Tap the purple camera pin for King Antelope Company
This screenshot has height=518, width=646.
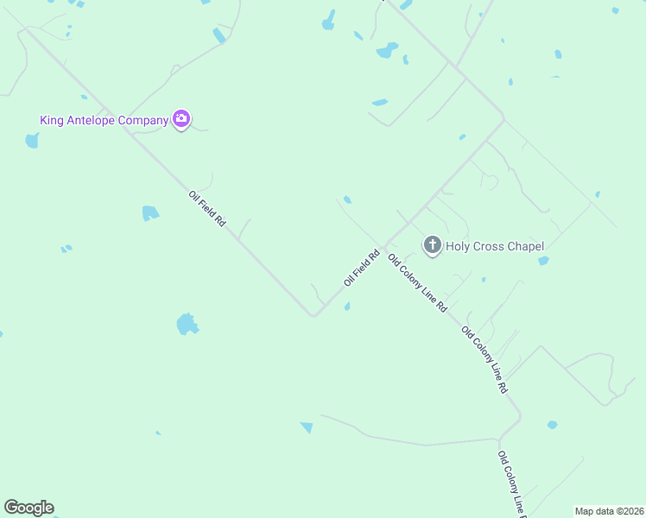pyautogui.click(x=180, y=119)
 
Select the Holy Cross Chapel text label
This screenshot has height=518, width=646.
pyautogui.click(x=495, y=246)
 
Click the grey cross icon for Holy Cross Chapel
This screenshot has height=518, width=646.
pyautogui.click(x=432, y=246)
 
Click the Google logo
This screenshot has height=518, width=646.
pyautogui.click(x=28, y=508)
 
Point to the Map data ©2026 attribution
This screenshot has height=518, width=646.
pyautogui.click(x=610, y=510)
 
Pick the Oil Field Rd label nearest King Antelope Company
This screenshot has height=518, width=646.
pyautogui.click(x=207, y=208)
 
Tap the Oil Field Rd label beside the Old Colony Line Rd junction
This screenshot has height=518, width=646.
pyautogui.click(x=362, y=268)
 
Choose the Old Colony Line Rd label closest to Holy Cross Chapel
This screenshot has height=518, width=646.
pyautogui.click(x=417, y=282)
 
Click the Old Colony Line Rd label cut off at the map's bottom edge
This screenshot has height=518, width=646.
pyautogui.click(x=510, y=483)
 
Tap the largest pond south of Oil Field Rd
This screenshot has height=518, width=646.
pyautogui.click(x=187, y=325)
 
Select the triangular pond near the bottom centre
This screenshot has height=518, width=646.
pyautogui.click(x=307, y=426)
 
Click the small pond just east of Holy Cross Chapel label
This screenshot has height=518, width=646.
pyautogui.click(x=543, y=260)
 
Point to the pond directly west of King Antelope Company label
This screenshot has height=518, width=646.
pyautogui.click(x=32, y=140)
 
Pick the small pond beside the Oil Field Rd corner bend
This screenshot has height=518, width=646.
pyautogui.click(x=347, y=306)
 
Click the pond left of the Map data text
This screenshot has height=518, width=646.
pyautogui.click(x=552, y=425)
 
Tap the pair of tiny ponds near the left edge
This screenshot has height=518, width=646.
pyautogui.click(x=66, y=249)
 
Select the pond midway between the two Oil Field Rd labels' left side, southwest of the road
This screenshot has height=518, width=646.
pyautogui.click(x=150, y=212)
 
